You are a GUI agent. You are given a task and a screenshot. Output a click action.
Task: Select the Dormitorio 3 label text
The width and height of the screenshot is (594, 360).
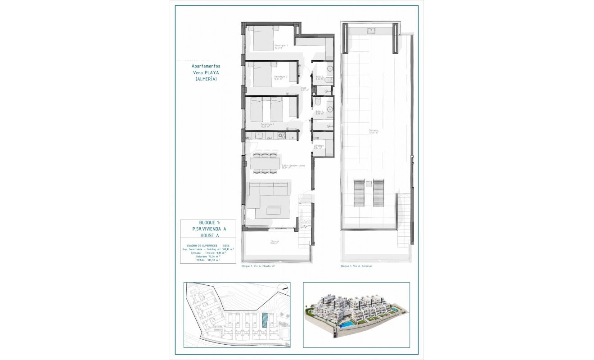268,125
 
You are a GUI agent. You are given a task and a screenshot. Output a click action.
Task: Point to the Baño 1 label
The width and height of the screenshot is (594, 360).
319,112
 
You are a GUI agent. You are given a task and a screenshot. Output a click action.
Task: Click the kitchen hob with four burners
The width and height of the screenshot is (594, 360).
282,135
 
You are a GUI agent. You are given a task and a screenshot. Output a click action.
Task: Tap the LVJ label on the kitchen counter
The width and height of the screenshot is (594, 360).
270,138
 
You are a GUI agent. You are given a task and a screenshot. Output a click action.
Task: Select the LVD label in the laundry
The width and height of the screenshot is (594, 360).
316,138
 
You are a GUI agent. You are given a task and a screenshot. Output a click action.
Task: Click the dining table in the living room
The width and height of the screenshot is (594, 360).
265,163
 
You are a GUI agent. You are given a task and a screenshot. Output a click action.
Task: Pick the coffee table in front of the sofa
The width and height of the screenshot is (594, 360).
273,211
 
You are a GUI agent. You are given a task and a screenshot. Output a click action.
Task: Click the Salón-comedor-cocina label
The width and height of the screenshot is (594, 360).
293,166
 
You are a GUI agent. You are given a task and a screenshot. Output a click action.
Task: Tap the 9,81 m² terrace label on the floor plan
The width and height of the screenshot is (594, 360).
274,243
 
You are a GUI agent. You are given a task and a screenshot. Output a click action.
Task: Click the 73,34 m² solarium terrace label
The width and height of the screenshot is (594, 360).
373,132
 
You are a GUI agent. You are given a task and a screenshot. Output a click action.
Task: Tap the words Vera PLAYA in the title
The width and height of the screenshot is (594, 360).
206,72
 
